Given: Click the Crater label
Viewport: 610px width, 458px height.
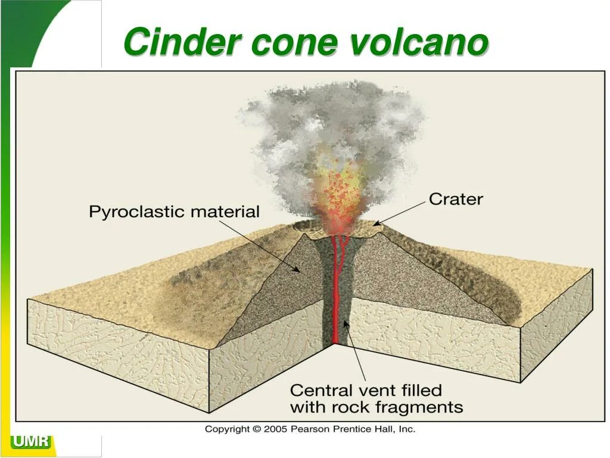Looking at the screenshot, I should click(x=456, y=199).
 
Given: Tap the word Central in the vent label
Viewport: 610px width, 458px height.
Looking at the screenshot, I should click(x=321, y=391).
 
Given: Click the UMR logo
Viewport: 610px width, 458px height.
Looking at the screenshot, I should click(x=31, y=442).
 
